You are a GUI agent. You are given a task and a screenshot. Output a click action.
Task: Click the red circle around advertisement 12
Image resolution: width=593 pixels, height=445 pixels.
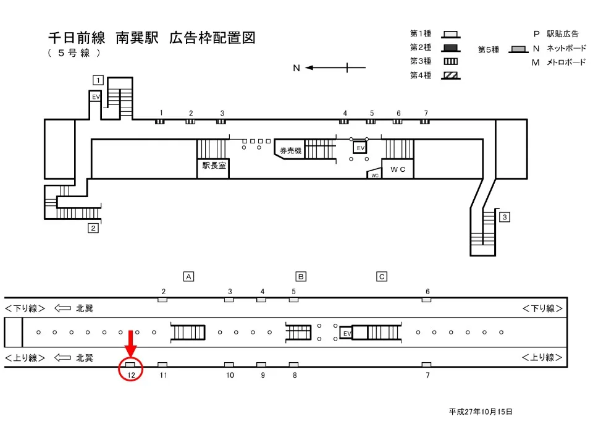click(x=131, y=369)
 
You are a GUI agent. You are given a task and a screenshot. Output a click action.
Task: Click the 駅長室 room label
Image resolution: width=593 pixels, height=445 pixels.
click(x=213, y=166)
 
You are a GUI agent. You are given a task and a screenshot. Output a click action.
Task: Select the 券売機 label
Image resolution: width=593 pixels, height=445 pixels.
click(x=290, y=151)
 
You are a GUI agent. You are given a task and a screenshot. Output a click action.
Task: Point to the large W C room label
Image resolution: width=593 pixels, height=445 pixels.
click(x=397, y=169)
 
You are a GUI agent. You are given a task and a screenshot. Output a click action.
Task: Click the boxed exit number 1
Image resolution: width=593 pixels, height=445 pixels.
click(x=98, y=79)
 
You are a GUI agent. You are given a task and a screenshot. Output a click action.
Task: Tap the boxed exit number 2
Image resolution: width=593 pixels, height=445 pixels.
click(x=93, y=228)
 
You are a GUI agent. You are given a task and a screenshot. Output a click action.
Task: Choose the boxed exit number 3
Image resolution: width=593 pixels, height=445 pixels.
click(x=505, y=217)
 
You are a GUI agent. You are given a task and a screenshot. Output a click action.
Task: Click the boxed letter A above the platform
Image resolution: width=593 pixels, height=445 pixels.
click(x=189, y=277)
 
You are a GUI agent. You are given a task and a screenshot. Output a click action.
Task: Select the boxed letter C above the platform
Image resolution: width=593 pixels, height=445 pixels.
click(x=382, y=277)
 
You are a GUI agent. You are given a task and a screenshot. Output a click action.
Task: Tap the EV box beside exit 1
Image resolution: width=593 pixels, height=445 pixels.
click(x=96, y=97)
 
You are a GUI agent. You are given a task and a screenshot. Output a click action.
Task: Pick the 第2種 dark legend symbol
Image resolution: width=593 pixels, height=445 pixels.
click(x=450, y=48)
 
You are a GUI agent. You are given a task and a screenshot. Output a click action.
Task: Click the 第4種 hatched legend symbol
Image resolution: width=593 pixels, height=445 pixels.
click(x=450, y=75)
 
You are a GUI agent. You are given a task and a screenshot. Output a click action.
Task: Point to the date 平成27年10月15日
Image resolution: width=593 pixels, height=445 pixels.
click(x=481, y=411)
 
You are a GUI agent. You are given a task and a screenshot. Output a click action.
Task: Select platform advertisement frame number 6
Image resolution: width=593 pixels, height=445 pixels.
click(x=426, y=300)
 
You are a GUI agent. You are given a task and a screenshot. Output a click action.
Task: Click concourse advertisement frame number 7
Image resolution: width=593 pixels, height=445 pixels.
click(x=425, y=122)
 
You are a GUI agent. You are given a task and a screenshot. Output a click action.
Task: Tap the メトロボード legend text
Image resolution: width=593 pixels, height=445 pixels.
click(x=566, y=62)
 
